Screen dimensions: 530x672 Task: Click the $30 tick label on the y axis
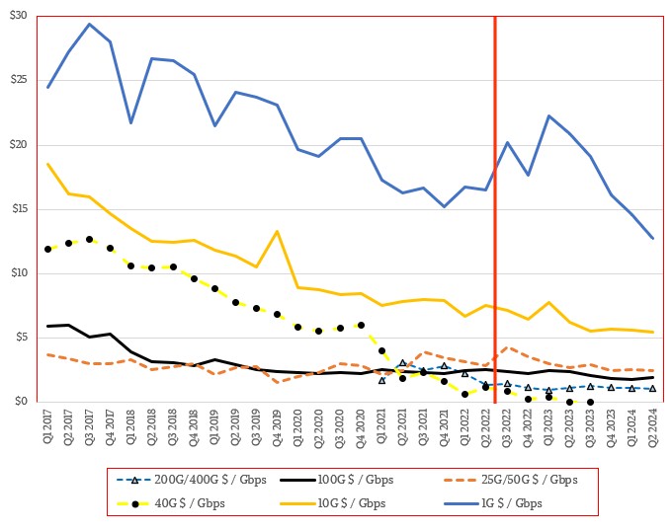(18, 17)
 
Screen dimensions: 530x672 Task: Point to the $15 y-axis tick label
(18, 209)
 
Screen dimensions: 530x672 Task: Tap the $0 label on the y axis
(22, 402)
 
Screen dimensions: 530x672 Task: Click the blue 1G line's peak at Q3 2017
(89, 24)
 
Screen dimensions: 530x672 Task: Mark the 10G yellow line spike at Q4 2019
(277, 231)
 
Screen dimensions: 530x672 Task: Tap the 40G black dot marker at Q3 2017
(89, 239)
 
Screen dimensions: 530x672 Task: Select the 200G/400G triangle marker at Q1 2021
(381, 380)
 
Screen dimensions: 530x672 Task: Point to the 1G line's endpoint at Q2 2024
(652, 238)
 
